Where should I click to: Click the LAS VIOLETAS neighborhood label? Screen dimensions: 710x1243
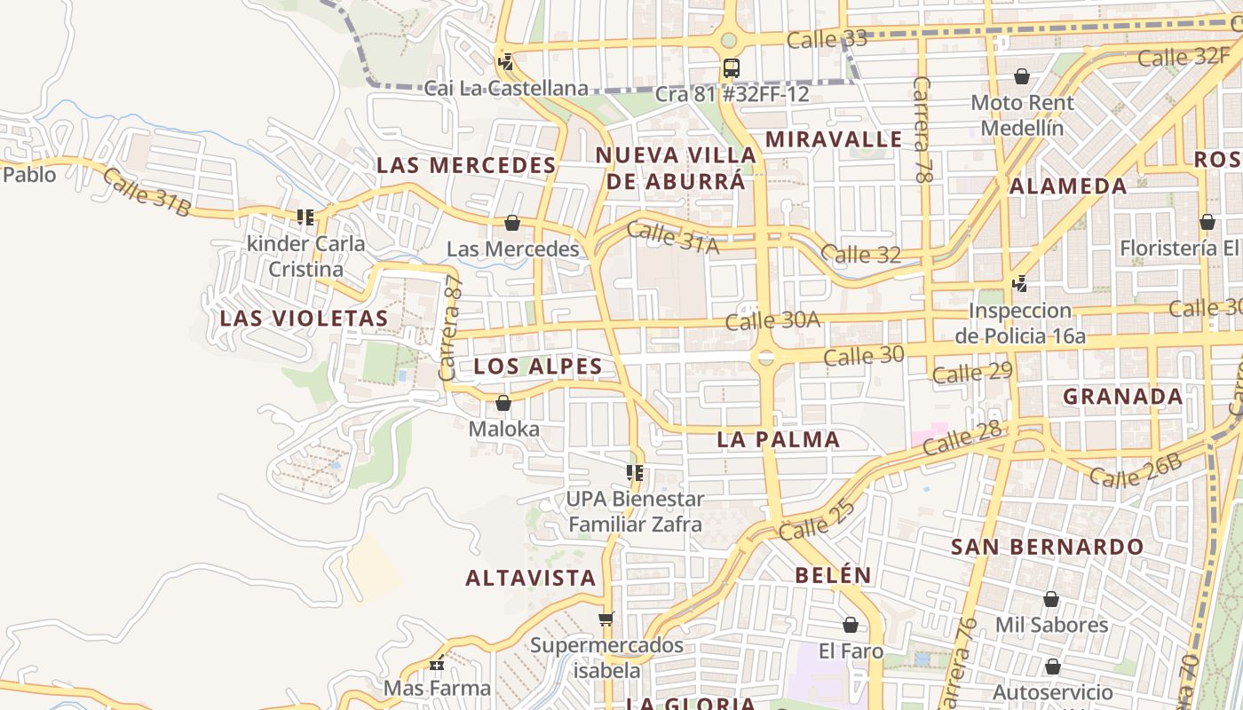coord(304,319)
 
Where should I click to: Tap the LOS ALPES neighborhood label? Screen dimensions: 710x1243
coord(538,367)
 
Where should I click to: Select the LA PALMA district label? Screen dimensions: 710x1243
coord(778,439)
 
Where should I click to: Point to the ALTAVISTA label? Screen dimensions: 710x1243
coord(531,578)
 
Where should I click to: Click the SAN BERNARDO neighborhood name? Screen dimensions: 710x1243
coord(1048,547)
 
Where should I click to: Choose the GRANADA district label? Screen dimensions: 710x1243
coord(1123,397)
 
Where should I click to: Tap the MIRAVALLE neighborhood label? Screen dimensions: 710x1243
coord(834,139)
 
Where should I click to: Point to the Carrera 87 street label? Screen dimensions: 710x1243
coord(452,328)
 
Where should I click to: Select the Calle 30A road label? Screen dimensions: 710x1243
coord(772,319)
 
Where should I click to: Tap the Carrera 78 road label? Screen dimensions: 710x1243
coord(923,130)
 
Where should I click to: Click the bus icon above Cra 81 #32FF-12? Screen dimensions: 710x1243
coord(731,67)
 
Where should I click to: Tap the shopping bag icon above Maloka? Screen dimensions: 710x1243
coord(503,403)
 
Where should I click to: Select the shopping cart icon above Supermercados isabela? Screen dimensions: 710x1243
coord(606,619)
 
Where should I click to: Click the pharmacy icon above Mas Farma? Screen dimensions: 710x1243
coord(437,663)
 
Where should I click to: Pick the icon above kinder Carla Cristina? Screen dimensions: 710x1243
coord(305,217)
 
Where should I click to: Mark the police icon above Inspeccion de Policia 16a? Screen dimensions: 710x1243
coord(1020,284)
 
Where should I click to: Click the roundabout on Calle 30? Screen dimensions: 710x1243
coord(764,358)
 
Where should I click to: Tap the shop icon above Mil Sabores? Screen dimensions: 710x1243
coord(1051,599)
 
